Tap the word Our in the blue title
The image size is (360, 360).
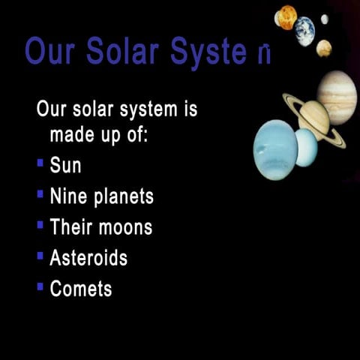pos(51,51)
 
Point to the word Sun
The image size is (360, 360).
pos(65,165)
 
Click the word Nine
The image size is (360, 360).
pos(68,196)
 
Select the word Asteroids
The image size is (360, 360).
pos(88,258)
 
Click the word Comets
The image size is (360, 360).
pos(81,289)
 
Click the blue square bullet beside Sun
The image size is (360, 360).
pos(40,163)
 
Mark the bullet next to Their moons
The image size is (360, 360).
pos(40,224)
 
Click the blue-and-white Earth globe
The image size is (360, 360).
pos(304,31)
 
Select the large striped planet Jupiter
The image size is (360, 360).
pos(337,97)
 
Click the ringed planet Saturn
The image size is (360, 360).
pos(314,116)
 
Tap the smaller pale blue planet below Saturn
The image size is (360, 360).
pos(306,148)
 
